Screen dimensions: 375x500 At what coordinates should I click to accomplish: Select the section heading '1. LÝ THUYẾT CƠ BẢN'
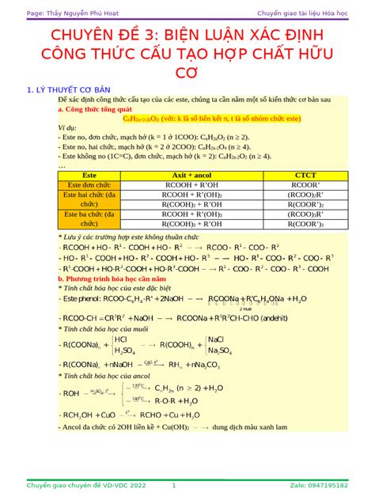[70, 90]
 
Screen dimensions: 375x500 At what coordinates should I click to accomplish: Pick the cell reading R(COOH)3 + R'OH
[191, 224]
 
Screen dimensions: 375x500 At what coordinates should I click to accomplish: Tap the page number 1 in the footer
[173, 485]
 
